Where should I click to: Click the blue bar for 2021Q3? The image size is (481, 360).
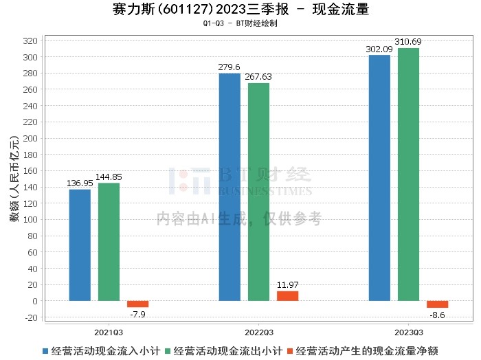[80, 245]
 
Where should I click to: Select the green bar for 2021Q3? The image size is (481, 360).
[109, 242]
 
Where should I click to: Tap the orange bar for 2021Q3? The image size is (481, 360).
[137, 304]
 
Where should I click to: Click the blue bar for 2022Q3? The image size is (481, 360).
[230, 187]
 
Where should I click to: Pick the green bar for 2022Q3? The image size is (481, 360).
[258, 192]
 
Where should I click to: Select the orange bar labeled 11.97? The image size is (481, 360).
[287, 296]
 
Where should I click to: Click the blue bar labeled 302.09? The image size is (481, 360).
[379, 178]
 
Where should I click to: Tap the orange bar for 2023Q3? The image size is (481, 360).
[437, 304]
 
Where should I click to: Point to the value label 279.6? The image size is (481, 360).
[230, 67]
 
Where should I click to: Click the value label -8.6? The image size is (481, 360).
[437, 314]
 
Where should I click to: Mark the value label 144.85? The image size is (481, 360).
[109, 177]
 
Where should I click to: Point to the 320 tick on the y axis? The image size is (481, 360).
[31, 41]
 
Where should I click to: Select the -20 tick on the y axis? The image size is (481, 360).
[31, 317]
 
